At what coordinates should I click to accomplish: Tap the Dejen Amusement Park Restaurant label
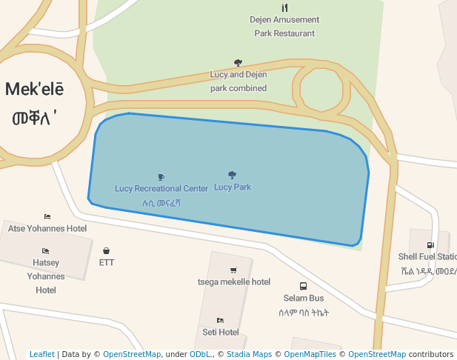284,26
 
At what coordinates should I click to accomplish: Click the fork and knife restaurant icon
284,8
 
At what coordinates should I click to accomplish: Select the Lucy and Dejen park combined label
238,81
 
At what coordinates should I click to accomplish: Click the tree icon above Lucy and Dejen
238,63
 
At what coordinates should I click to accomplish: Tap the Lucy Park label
233,187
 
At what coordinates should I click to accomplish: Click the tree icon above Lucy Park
232,176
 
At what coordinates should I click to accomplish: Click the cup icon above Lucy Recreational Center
161,177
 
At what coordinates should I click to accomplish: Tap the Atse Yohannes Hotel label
47,228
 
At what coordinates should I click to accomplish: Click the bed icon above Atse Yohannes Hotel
47,217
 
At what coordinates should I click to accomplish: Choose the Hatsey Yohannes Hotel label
46,276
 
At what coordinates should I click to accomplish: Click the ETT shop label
107,262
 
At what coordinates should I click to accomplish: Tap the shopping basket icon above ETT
107,251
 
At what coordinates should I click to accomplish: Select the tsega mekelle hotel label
234,281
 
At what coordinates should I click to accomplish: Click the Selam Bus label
303,298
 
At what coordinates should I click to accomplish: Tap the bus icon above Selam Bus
303,286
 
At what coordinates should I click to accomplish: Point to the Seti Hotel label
221,332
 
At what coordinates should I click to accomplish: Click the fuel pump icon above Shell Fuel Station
430,245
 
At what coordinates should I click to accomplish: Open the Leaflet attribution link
41,354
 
